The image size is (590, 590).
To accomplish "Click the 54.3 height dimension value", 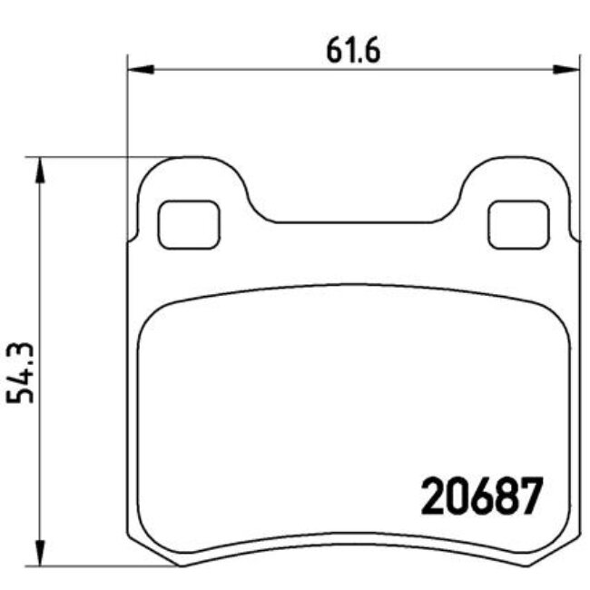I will pyautogui.click(x=23, y=372).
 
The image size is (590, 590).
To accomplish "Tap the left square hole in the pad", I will pyautogui.click(x=189, y=223).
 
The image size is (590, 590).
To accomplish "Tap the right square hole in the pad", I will pyautogui.click(x=518, y=223).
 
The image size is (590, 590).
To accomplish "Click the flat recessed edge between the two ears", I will pyautogui.click(x=353, y=221).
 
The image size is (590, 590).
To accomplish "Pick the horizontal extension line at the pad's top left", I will pyautogui.click(x=91, y=156).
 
